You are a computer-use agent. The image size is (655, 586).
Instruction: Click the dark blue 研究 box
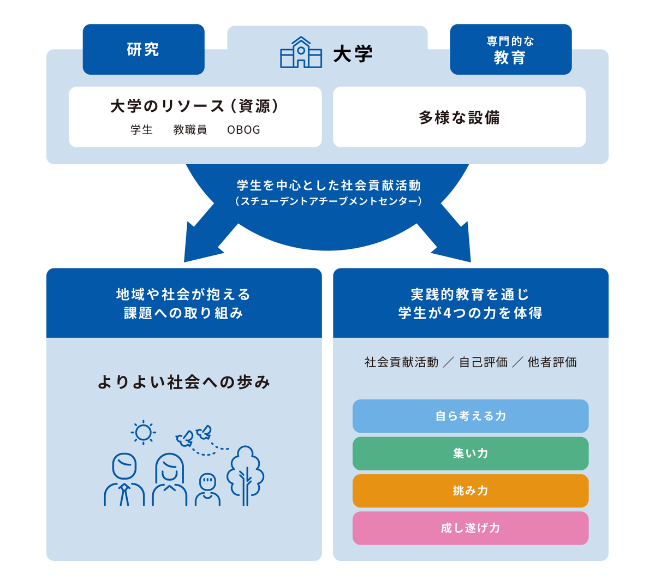tap(144, 49)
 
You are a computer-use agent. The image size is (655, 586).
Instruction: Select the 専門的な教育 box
tap(510, 49)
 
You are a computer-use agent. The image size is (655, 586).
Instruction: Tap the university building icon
tap(301, 53)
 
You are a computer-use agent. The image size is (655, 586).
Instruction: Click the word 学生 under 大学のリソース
tap(141, 130)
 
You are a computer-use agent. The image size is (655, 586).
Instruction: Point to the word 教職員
tap(190, 130)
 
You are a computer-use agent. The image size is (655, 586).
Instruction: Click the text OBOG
tap(243, 130)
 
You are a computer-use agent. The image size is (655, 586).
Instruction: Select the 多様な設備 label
tap(459, 117)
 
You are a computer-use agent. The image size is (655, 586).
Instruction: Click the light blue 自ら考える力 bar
tap(470, 416)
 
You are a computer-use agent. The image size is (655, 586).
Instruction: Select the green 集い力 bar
tap(470, 453)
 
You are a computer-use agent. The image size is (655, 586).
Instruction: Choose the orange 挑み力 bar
tap(470, 491)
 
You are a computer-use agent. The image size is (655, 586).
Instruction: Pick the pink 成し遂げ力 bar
tap(470, 528)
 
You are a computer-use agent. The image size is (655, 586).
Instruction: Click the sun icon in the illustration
tap(143, 433)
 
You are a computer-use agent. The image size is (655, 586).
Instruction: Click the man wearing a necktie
tap(124, 480)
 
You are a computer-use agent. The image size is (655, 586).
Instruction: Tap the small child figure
tap(207, 489)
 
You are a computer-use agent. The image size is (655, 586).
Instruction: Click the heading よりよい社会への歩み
tap(184, 382)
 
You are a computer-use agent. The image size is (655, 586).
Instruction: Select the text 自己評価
tap(483, 362)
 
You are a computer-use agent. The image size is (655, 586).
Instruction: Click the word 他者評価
tap(552, 362)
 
